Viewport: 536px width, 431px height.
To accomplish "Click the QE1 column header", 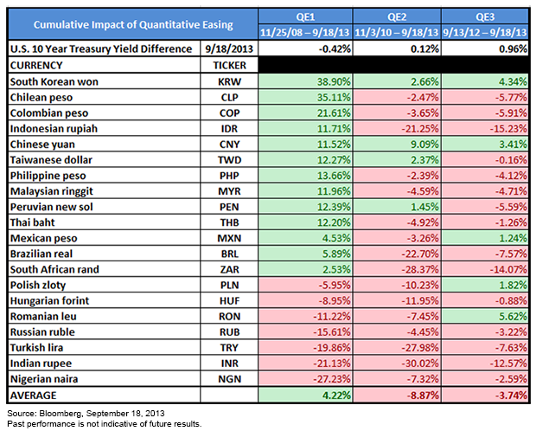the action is click(x=305, y=16).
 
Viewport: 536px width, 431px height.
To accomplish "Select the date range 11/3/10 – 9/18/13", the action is click(x=397, y=33).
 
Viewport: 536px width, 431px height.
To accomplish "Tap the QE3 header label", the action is click(x=485, y=16).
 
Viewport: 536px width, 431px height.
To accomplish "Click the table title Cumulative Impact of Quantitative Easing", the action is click(x=133, y=24).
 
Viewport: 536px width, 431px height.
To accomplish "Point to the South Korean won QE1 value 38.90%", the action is click(x=334, y=82).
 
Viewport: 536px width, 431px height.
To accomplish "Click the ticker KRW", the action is click(x=229, y=82).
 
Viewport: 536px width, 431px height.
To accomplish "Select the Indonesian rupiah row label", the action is click(x=54, y=129).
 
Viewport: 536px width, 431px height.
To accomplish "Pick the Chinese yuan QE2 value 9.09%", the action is click(x=424, y=145).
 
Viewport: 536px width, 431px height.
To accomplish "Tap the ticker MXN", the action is click(x=229, y=238).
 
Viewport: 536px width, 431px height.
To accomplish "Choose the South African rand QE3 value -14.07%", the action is click(x=508, y=269).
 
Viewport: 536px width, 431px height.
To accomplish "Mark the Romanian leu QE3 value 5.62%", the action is click(x=514, y=316).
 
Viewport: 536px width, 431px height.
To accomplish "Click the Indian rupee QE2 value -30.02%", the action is click(x=420, y=363).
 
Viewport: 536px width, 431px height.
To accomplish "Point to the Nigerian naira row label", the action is click(x=44, y=379).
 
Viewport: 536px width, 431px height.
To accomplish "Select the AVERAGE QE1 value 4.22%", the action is click(x=336, y=396).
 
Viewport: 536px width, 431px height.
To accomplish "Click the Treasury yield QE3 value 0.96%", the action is click(x=514, y=49).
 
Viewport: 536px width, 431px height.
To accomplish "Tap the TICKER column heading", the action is click(x=229, y=66).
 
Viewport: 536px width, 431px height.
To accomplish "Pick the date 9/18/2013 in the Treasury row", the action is click(x=229, y=49).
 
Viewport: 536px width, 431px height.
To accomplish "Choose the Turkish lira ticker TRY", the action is click(x=229, y=348).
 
